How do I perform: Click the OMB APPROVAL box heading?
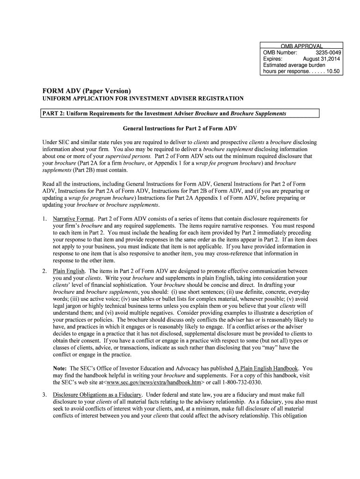(x=302, y=46)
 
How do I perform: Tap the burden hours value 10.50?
(x=332, y=72)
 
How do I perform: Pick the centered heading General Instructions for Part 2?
(x=180, y=128)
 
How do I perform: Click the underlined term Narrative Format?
(x=73, y=219)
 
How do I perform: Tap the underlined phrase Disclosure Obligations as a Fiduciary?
(x=97, y=395)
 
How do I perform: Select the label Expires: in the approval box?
(x=273, y=59)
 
